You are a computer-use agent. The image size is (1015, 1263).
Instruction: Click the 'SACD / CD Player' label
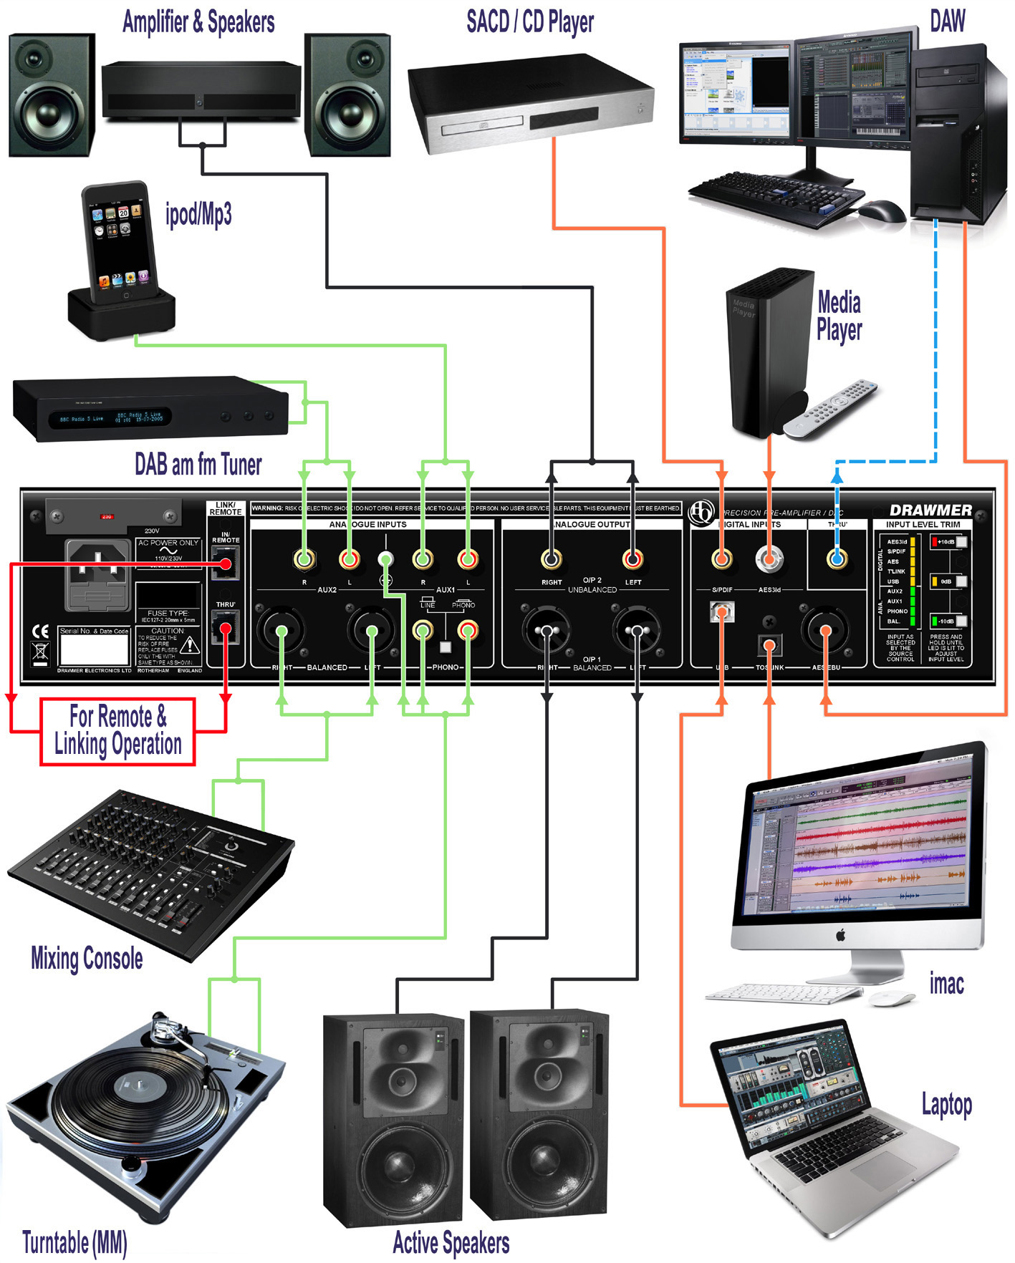(x=529, y=22)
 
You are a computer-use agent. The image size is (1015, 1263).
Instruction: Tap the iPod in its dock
(x=120, y=243)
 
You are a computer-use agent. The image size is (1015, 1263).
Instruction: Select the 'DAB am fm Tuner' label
(x=198, y=465)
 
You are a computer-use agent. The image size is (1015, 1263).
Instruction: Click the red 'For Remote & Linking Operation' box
(x=117, y=731)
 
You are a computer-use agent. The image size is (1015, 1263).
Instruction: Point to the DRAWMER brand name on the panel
(x=930, y=510)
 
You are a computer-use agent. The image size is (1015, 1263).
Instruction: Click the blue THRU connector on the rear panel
(x=837, y=558)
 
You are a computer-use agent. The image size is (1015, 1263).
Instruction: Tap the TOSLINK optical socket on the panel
(x=769, y=644)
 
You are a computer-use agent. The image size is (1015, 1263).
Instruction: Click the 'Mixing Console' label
(x=87, y=958)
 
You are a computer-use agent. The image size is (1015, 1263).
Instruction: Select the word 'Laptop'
(x=946, y=1104)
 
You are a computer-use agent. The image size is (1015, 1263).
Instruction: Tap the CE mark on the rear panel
(x=41, y=631)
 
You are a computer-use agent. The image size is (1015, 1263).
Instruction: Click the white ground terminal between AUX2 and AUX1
(x=385, y=558)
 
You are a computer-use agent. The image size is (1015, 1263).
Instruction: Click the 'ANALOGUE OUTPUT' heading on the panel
(x=592, y=524)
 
